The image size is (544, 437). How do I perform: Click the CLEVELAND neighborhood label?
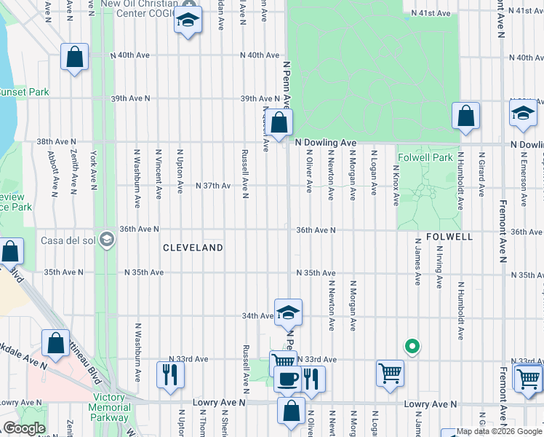coord(193,248)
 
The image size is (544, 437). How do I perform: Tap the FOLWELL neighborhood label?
coord(449,237)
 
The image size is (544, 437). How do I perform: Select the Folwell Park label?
coord(425,157)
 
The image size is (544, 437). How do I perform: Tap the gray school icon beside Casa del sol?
coord(107,240)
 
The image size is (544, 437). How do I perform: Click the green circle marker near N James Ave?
coord(412,347)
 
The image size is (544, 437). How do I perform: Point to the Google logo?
coord(24,428)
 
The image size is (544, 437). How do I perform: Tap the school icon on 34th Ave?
coord(289,312)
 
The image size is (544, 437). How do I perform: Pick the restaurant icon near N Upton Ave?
coord(171,374)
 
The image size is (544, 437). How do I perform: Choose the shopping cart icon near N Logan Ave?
coord(390,373)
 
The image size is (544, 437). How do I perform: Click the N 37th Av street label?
coord(212,186)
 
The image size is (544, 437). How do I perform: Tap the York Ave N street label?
coord(93,170)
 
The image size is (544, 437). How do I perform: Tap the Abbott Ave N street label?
coord(52,174)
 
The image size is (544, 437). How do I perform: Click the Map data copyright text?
coord(499,431)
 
